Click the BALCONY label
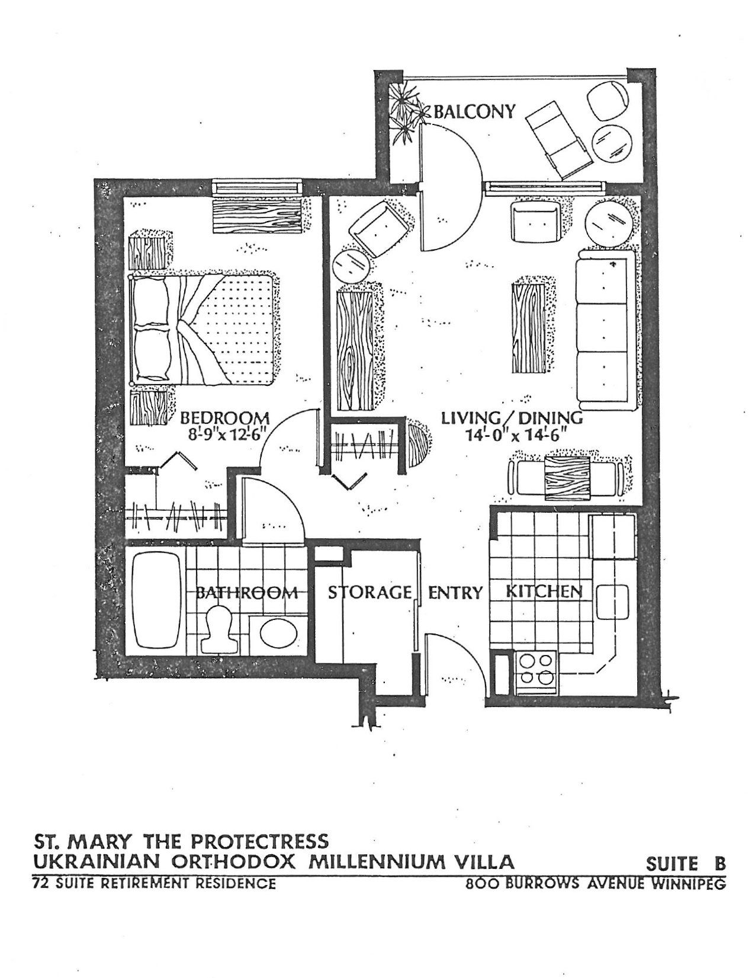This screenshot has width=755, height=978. click(x=474, y=111)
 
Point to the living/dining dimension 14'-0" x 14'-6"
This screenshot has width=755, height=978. click(x=515, y=436)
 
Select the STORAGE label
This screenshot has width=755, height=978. click(x=370, y=592)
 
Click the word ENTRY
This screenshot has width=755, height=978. click(x=455, y=593)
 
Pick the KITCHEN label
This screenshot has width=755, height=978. click(x=545, y=591)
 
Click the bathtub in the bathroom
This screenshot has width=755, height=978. click(x=156, y=601)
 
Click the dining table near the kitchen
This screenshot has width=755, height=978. click(x=567, y=478)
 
